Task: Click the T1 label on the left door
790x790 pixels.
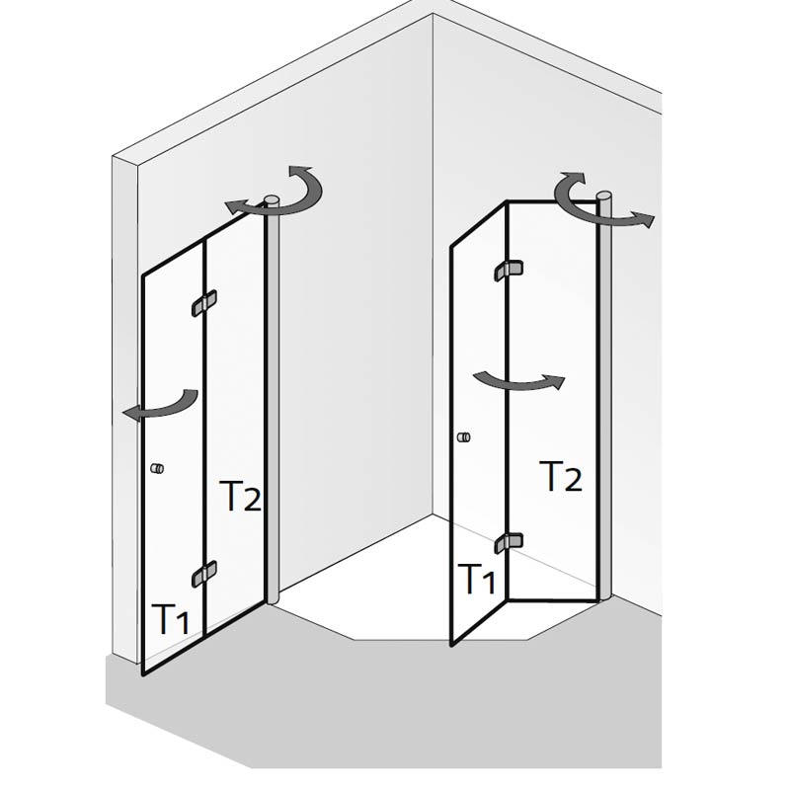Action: click(x=170, y=619)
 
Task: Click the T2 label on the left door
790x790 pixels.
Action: click(x=240, y=497)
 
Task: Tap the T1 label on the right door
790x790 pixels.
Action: click(x=476, y=579)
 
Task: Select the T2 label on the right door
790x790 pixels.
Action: click(x=561, y=476)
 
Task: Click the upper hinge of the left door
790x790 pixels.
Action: click(x=204, y=303)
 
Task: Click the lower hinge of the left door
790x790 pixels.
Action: click(x=204, y=574)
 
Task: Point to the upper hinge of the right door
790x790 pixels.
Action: click(x=508, y=270)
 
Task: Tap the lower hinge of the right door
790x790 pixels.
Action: click(x=508, y=542)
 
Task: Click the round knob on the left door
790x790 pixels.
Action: click(x=157, y=468)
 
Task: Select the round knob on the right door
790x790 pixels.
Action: click(x=463, y=436)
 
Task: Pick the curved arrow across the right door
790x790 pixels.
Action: click(x=519, y=384)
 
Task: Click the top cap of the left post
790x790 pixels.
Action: click(x=272, y=199)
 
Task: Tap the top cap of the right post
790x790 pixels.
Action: click(x=604, y=195)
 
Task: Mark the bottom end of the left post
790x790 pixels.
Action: click(x=273, y=600)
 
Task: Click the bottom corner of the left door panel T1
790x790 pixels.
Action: click(x=143, y=674)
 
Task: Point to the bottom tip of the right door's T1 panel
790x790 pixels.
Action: click(x=452, y=645)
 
